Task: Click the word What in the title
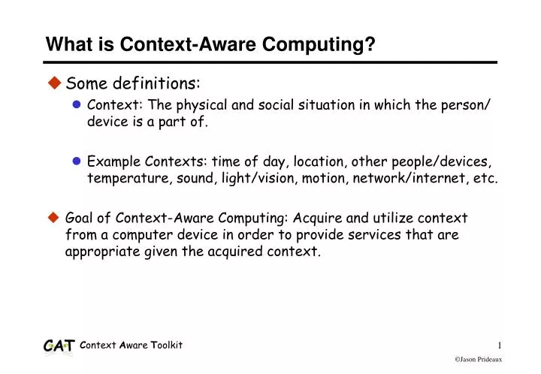point(65,47)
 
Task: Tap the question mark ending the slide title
point(370,47)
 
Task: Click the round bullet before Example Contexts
point(77,161)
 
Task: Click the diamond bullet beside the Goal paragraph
point(54,218)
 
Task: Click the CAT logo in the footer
point(59,345)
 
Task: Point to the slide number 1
point(499,345)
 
